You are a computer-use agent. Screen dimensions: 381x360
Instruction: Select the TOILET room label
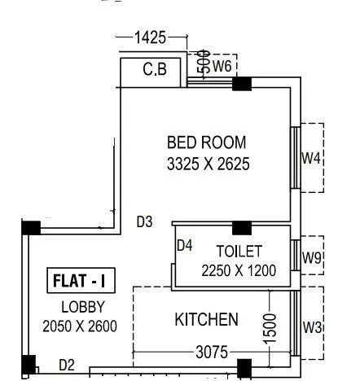239,250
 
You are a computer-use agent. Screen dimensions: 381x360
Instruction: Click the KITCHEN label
207,319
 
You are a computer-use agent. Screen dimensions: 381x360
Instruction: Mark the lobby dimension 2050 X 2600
80,326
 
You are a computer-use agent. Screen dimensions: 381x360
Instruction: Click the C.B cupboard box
155,70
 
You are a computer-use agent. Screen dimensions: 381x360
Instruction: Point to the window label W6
225,65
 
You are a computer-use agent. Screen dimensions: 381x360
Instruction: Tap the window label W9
312,258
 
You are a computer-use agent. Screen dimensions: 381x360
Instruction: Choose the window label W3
312,327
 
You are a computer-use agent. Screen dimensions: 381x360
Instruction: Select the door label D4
185,245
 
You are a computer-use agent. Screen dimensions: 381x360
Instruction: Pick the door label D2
66,366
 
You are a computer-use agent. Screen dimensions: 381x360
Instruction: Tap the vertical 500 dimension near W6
204,62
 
